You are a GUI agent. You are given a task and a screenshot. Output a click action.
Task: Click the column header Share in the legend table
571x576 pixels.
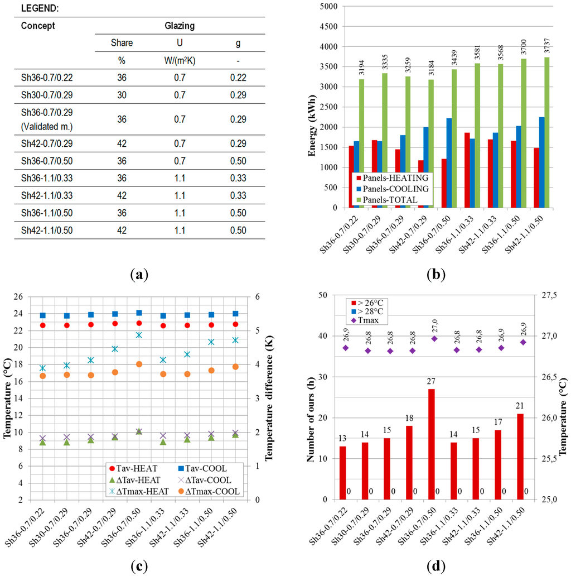tap(122, 42)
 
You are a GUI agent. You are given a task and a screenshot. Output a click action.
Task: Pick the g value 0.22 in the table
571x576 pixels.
tap(238, 77)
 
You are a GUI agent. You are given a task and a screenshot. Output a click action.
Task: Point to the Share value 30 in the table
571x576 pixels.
tap(122, 95)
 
